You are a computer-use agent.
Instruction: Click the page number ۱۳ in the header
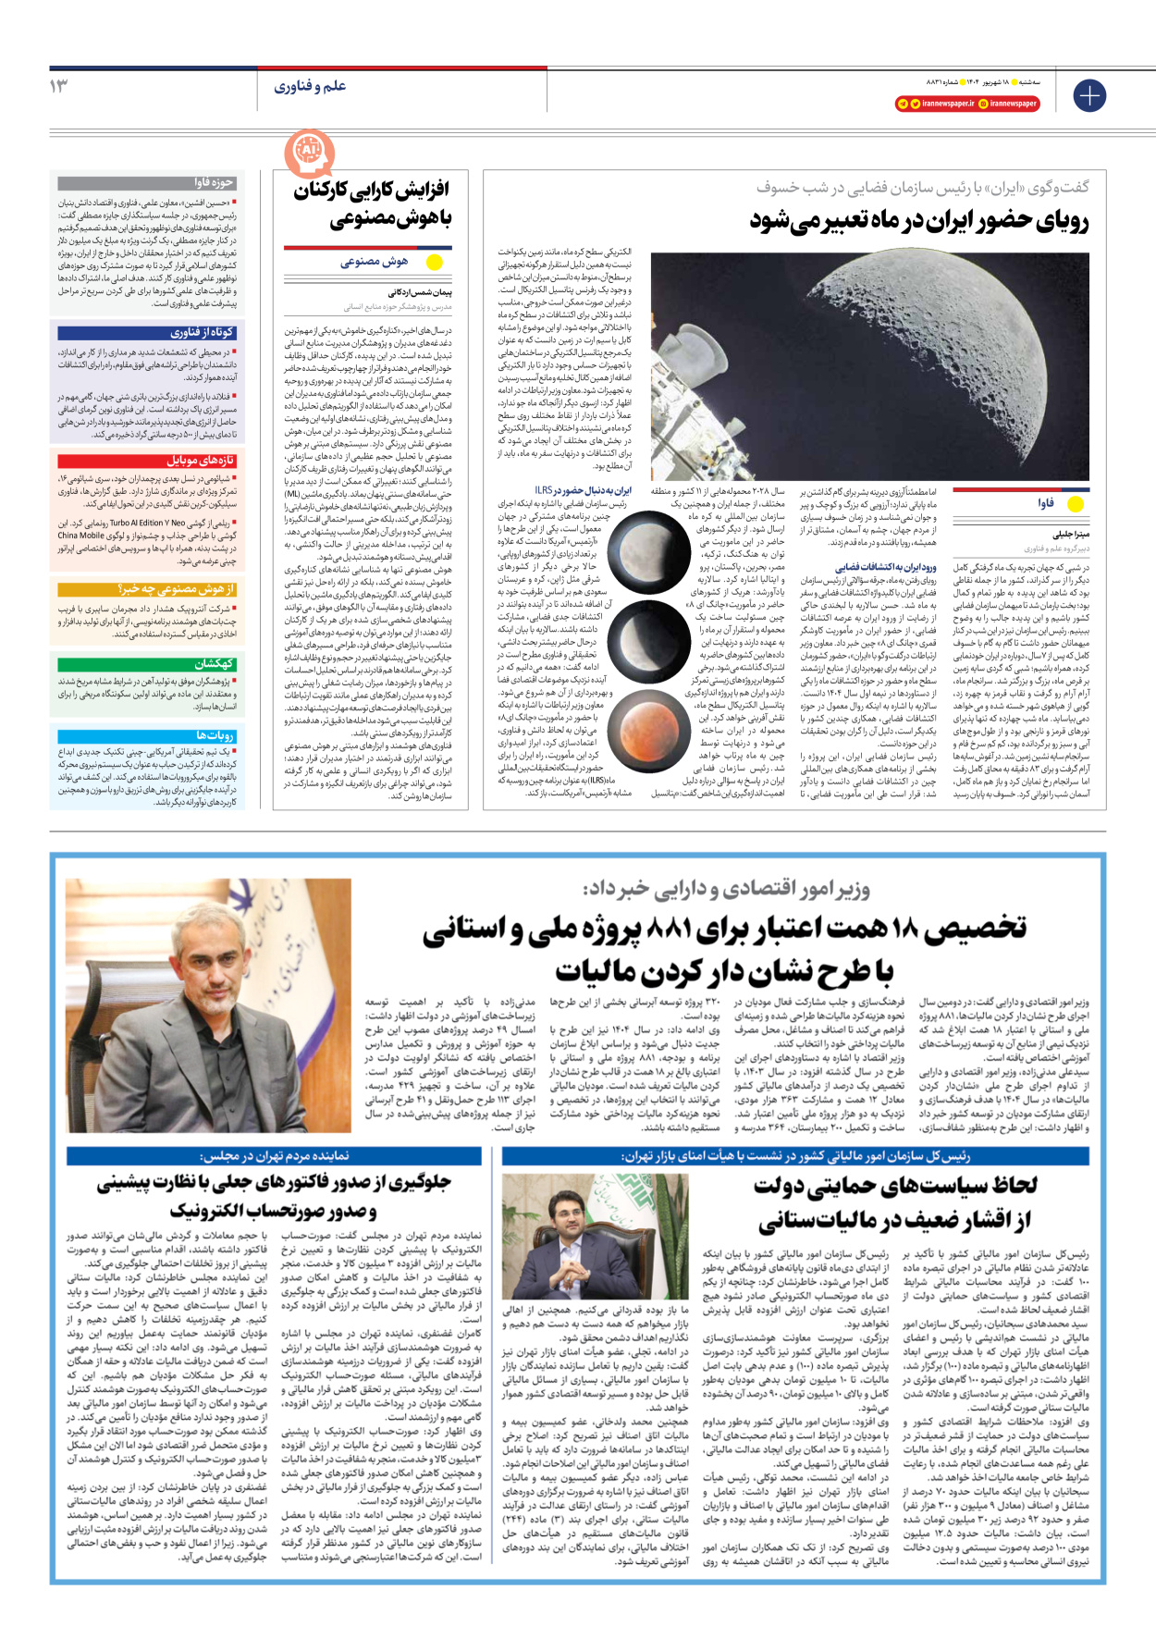[59, 86]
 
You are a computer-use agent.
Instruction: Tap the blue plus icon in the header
[1089, 95]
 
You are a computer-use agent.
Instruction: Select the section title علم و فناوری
[310, 86]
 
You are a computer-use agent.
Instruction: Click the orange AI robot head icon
[308, 152]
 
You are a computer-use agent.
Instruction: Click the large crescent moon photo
[870, 365]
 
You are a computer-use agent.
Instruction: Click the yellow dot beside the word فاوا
[1076, 504]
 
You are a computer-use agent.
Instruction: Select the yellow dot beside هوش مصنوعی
[434, 262]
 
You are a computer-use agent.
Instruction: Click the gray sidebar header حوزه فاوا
[147, 183]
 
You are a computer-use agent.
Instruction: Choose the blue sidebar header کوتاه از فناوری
[147, 333]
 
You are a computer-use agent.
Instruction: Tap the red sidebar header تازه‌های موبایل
[147, 461]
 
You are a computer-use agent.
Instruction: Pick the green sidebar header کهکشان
[147, 664]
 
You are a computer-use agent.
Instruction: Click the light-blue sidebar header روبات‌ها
[147, 734]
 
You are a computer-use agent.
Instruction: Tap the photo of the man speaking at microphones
[580, 1234]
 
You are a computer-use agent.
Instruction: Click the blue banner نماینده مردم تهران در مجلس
[274, 1155]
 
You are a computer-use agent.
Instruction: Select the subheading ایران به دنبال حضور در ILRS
[584, 490]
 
